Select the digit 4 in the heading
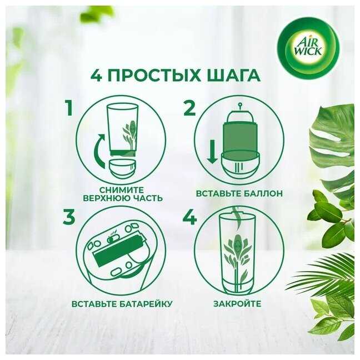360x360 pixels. coord(96,76)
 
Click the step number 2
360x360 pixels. coord(189,108)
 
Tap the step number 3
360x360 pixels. coord(69,217)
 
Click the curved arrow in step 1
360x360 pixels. coord(99,151)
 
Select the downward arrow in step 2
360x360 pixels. coord(212,152)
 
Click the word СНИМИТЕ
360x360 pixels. coord(122,190)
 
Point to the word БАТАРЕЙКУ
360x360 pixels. coord(146,304)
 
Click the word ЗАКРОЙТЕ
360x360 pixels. coord(237,303)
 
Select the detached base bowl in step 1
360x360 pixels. coord(122,169)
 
